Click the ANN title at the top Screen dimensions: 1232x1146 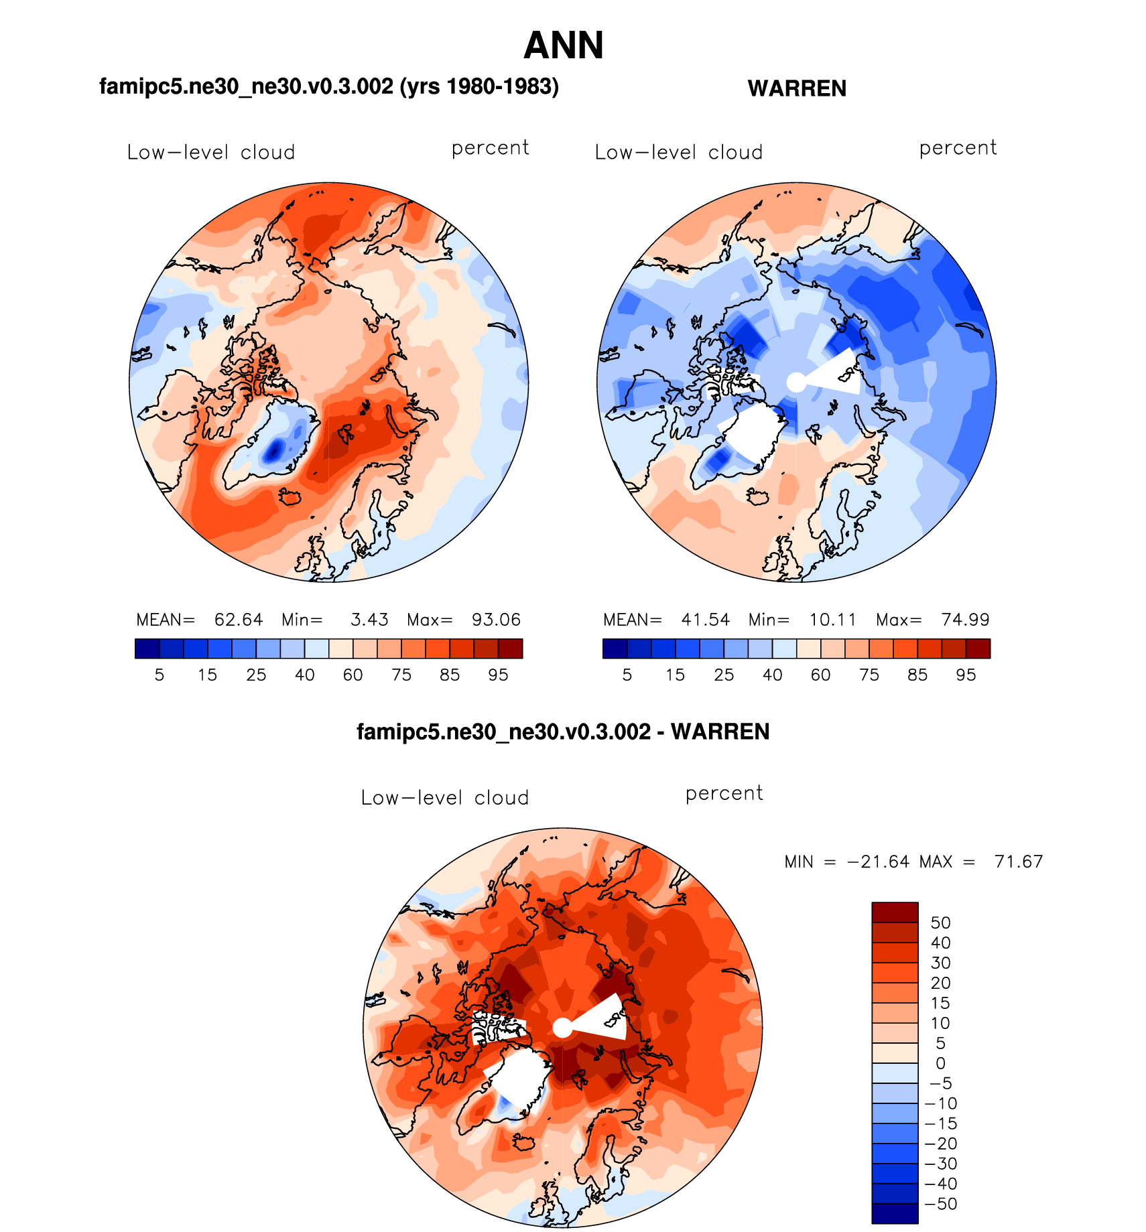[x=564, y=46]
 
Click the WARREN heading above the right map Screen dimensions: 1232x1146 [x=797, y=88]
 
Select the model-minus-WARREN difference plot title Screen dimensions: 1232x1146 [x=563, y=732]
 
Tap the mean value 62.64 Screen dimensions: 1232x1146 [x=239, y=620]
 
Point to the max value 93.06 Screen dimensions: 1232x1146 [x=496, y=620]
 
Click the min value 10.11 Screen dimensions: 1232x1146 [x=832, y=620]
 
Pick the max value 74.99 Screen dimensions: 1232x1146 [x=965, y=620]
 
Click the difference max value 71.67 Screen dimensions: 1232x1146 [x=1019, y=862]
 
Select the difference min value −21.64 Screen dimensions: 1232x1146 [x=878, y=862]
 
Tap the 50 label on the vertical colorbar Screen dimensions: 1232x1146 [x=940, y=923]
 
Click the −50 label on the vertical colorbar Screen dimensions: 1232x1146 [x=940, y=1204]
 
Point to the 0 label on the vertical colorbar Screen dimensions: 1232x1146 [x=940, y=1063]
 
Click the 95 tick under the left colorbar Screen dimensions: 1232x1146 [x=498, y=675]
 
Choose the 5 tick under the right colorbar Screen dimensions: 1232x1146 [x=627, y=675]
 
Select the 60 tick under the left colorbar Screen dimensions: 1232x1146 [x=353, y=675]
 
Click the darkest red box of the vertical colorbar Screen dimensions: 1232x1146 [x=895, y=912]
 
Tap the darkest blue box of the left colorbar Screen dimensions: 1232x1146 [x=147, y=648]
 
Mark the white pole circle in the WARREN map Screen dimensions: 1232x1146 [x=796, y=382]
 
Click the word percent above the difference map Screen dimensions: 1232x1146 [x=724, y=794]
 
